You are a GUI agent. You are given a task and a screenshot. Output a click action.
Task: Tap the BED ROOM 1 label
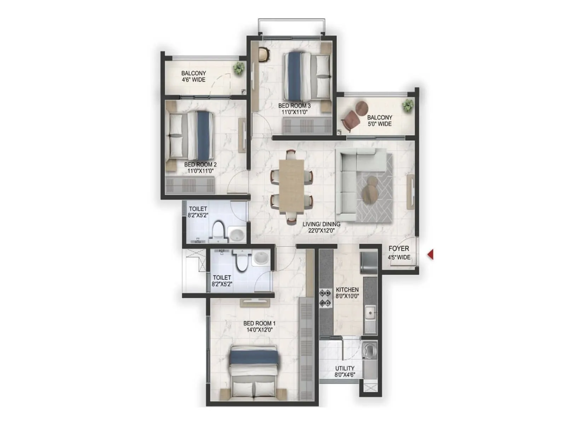(259, 323)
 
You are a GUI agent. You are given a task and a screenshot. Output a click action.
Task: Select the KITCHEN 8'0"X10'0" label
(347, 293)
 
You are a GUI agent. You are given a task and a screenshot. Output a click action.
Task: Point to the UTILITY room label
(345, 368)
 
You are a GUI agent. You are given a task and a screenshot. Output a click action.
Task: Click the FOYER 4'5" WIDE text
(399, 253)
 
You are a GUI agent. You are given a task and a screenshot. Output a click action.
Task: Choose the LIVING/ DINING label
(321, 224)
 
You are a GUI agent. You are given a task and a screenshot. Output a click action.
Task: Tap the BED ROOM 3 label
(294, 106)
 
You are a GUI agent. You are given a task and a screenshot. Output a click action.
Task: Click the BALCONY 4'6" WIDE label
(194, 76)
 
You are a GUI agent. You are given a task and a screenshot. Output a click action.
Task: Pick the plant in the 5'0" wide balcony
(408, 105)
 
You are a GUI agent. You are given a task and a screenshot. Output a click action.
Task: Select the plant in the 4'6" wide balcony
(239, 68)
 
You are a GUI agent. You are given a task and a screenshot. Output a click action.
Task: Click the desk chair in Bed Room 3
(264, 54)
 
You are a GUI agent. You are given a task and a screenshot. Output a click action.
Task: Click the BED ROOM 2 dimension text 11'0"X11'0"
(200, 171)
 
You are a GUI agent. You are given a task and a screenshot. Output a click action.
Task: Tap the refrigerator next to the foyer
(369, 262)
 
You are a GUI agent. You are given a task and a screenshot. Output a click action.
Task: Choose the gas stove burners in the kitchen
(325, 298)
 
